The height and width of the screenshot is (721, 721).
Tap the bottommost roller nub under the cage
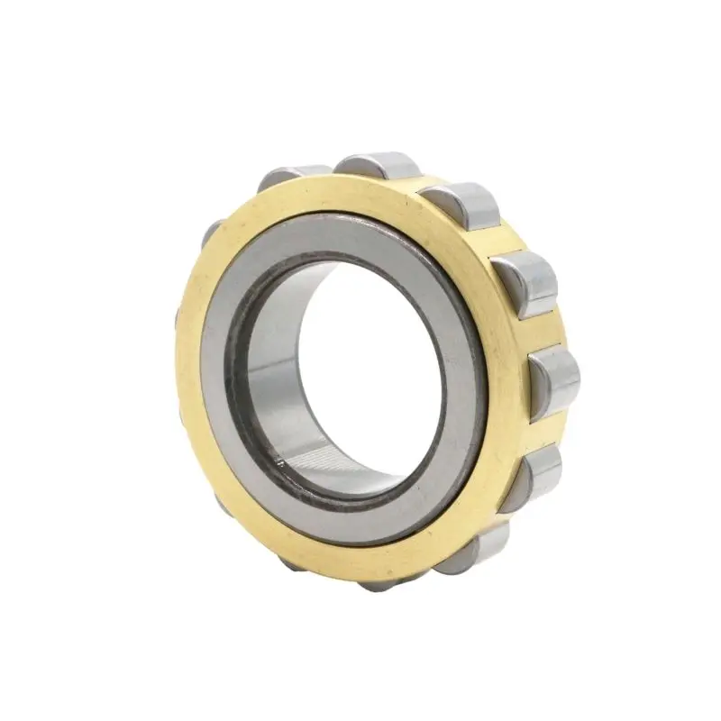[x=379, y=583]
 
